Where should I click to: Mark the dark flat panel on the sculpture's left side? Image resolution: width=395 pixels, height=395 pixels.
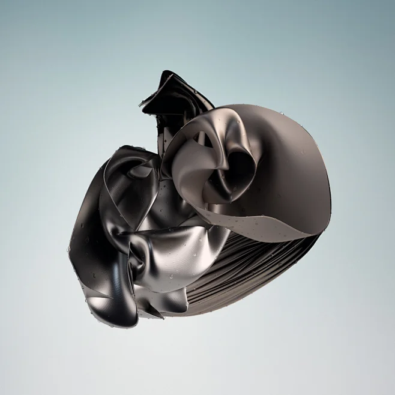(x=87, y=240)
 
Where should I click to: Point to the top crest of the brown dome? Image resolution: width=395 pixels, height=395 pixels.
(x=264, y=108)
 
